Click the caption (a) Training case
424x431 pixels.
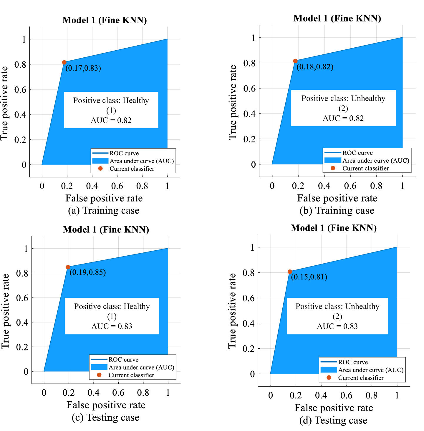(104, 211)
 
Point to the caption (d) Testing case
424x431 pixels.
(333, 420)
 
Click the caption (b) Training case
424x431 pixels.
(337, 211)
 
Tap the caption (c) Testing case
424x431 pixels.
(105, 417)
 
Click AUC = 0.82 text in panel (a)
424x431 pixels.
(111, 120)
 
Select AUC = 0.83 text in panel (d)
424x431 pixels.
(337, 326)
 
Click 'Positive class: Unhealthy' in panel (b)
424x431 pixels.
(343, 98)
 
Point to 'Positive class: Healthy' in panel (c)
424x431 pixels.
(112, 306)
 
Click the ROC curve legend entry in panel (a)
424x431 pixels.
(124, 153)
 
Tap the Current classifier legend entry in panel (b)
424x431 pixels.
(365, 168)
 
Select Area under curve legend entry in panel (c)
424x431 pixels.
(141, 367)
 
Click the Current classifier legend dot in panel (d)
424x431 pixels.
(329, 377)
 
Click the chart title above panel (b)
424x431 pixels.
(337, 19)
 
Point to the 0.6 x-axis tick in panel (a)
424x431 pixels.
(117, 186)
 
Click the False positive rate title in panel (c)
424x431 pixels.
(106, 405)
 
